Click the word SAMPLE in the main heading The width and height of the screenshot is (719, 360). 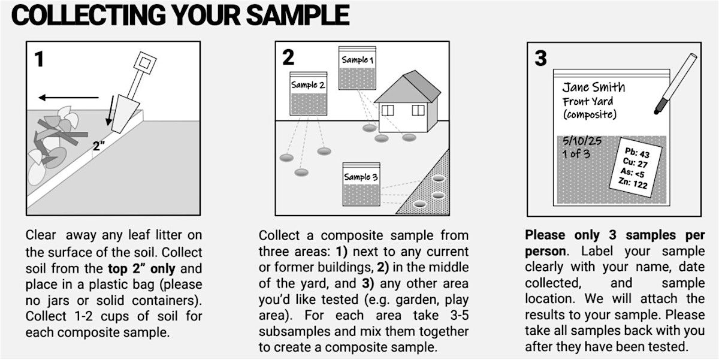(298, 15)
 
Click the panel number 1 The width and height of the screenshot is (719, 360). (39, 59)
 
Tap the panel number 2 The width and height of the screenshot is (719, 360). (288, 58)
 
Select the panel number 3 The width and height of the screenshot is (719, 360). (540, 58)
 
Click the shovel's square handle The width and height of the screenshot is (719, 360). (145, 63)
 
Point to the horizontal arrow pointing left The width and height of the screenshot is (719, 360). (68, 97)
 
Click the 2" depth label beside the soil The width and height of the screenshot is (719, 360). (98, 146)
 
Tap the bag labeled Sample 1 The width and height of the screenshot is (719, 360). (357, 68)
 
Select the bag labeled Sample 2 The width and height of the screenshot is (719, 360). (309, 93)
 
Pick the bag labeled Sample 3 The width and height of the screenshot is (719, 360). (361, 184)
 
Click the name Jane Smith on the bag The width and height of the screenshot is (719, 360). (594, 87)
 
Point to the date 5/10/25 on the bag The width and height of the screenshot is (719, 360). (582, 141)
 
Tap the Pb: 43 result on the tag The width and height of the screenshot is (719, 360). (637, 153)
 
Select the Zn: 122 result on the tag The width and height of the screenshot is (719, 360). (633, 183)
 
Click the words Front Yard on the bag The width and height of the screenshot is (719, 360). (588, 101)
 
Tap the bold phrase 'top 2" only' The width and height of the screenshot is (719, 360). (141, 268)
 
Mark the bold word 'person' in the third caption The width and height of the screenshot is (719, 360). (545, 251)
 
